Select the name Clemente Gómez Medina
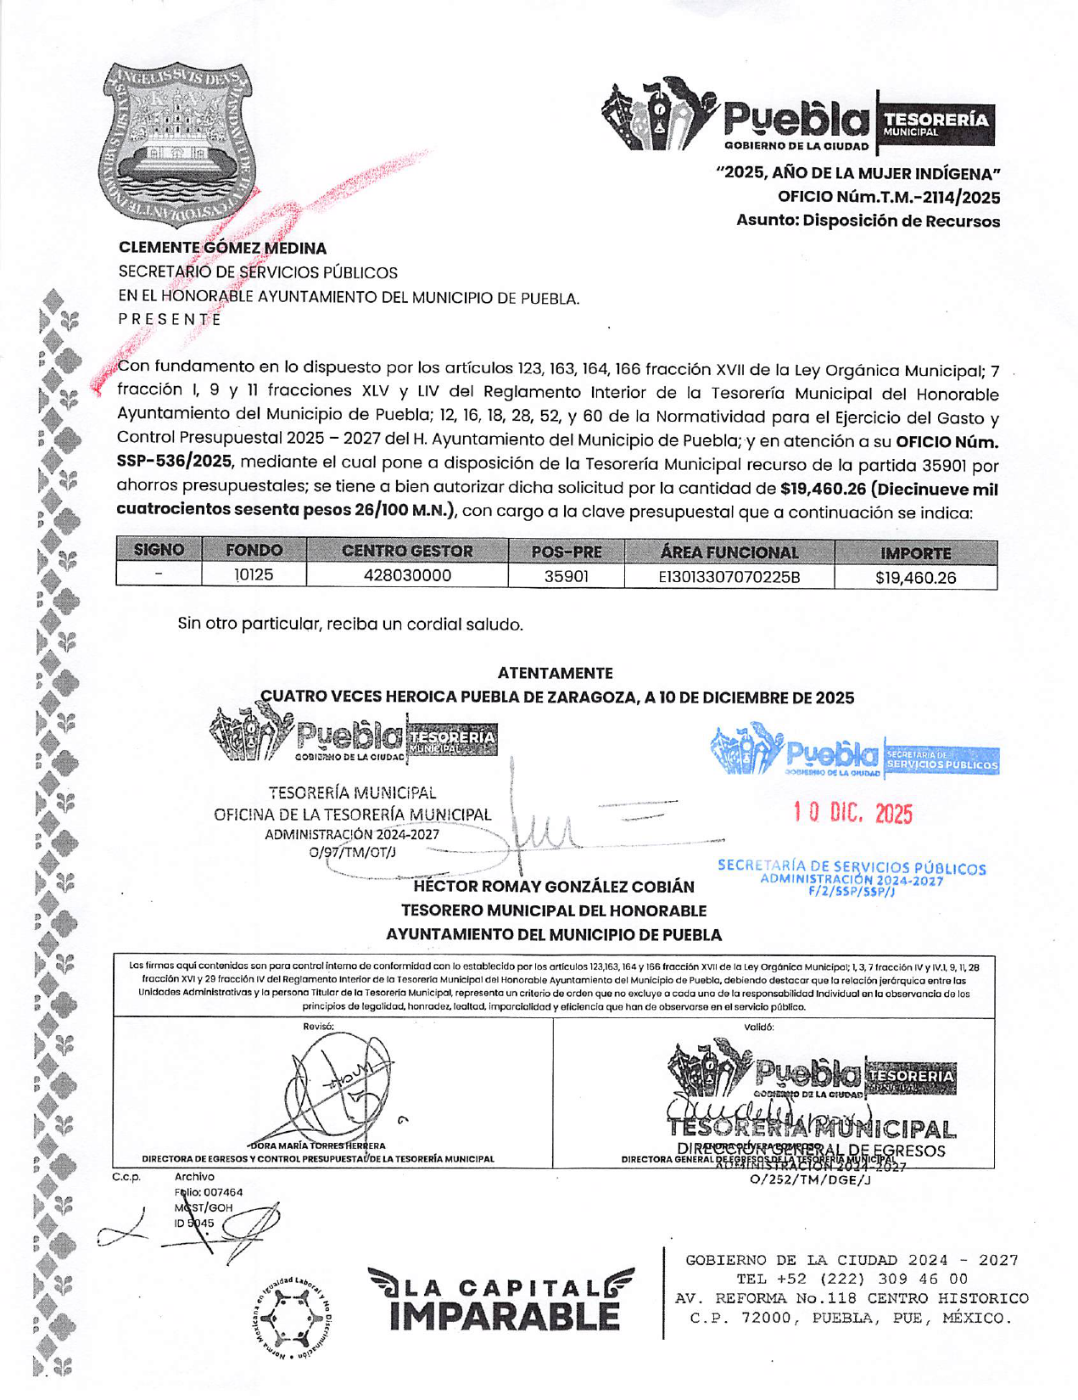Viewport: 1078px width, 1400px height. point(222,249)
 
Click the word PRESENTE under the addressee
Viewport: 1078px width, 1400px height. point(170,320)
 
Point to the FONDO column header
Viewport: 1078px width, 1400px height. point(254,551)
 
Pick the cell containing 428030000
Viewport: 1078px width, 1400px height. point(407,576)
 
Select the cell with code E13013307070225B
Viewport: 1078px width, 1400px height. point(729,578)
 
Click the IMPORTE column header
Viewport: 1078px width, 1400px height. point(915,553)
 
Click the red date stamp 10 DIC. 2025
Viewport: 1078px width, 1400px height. point(853,814)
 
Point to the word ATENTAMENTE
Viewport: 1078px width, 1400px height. point(555,674)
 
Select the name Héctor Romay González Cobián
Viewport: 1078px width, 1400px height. point(553,888)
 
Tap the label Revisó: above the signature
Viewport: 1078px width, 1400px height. point(319,1027)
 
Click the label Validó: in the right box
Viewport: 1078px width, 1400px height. point(758,1027)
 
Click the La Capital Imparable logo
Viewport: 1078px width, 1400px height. point(500,1299)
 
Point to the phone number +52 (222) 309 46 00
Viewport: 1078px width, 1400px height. point(852,1279)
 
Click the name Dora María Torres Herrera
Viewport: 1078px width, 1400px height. point(318,1145)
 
